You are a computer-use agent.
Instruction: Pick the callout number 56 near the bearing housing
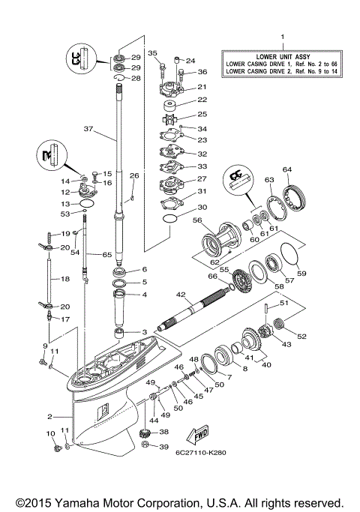point(197,221)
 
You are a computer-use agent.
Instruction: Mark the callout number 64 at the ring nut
point(287,169)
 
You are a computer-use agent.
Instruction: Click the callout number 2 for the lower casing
point(49,417)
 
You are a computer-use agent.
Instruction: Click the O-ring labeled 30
point(171,220)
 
